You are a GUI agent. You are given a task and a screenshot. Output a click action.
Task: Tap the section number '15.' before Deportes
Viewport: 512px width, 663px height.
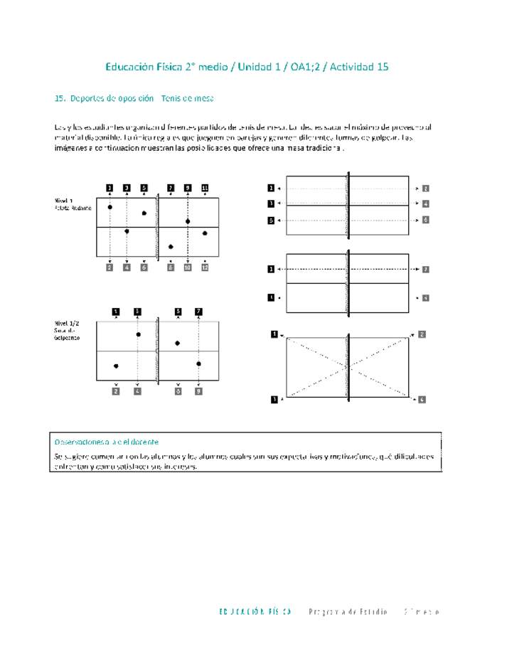tap(60, 98)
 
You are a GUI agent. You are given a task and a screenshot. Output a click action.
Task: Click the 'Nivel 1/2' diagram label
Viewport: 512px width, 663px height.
tap(67, 323)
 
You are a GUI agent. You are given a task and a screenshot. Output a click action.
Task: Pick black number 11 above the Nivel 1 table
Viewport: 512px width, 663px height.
tap(205, 188)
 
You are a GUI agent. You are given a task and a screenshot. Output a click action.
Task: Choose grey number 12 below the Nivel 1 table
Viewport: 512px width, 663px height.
tap(205, 267)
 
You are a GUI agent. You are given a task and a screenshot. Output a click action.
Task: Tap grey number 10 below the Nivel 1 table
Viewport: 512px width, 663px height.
tap(188, 267)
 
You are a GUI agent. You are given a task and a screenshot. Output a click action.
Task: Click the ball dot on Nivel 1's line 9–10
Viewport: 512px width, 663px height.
tap(188, 221)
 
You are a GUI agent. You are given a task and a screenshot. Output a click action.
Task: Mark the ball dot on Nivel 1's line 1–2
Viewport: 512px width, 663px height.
tap(110, 207)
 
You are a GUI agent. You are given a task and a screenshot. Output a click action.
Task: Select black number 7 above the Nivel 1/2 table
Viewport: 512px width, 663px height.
tap(198, 311)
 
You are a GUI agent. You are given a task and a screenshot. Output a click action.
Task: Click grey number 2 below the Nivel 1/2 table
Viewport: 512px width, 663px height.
tap(116, 391)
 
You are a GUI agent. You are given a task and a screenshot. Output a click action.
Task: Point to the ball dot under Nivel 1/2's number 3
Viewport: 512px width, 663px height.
tap(138, 334)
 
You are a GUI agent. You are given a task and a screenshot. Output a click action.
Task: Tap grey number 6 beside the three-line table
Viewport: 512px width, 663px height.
tap(425, 221)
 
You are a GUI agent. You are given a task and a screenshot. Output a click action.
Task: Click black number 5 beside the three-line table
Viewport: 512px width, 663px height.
tap(271, 221)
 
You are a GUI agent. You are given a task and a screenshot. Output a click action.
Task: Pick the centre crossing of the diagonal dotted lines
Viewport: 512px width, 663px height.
tap(348, 367)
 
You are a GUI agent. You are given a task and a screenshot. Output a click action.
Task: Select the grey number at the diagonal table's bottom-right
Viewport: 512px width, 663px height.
tap(422, 400)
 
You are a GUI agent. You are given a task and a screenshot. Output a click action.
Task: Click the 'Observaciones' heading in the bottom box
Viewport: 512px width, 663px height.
tap(107, 442)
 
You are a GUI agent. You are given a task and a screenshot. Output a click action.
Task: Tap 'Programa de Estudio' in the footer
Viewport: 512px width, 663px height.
tap(348, 612)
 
